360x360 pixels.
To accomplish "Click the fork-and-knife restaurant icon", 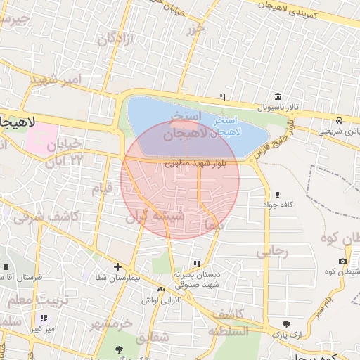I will tap(223, 97).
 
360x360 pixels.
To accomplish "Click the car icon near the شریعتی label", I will tap(340, 120).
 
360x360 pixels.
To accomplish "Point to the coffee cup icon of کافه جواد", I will tap(278, 194).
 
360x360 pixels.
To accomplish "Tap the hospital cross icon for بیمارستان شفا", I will tap(117, 266).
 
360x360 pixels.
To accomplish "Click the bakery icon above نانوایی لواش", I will tap(161, 289).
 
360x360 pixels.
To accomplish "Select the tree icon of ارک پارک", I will tap(286, 324).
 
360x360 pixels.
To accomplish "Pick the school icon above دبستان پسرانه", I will tap(206, 263).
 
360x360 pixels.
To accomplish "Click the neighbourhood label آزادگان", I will tap(115, 39).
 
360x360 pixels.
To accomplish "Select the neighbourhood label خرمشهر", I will tap(111, 323).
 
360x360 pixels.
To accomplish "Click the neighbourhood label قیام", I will tap(102, 189).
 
